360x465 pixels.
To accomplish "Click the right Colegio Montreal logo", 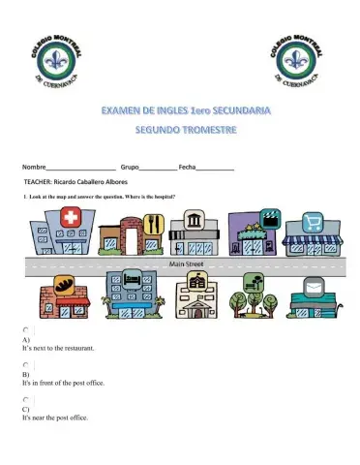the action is [x=294, y=59].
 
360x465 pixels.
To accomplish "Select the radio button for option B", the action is [x=26, y=365].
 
